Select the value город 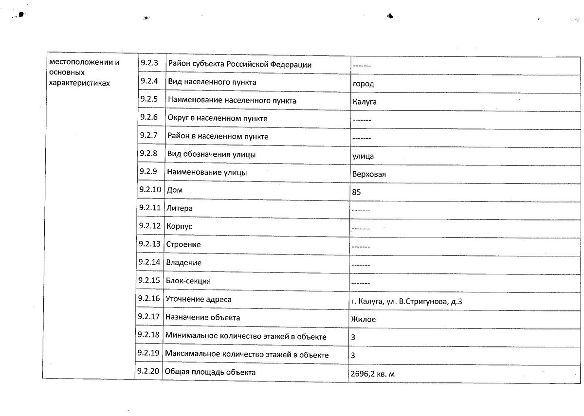click(x=364, y=84)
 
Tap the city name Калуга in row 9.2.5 click(x=365, y=102)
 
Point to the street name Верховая click(x=369, y=174)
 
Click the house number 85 click(x=356, y=193)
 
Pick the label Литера click(x=179, y=208)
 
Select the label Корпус click(x=179, y=227)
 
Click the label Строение click(x=183, y=245)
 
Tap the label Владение click(x=183, y=263)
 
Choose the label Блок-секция click(x=188, y=281)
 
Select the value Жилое click(x=363, y=320)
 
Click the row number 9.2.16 click(x=149, y=299)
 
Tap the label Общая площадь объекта click(x=210, y=373)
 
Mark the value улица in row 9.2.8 click(x=363, y=156)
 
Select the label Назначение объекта click(x=202, y=318)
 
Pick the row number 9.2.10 click(x=150, y=190)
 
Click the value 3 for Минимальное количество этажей click(x=353, y=337)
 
